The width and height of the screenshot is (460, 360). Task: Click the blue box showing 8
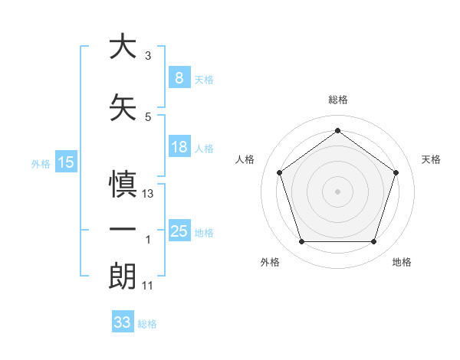point(179,77)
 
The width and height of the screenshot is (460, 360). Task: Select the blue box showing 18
point(179,147)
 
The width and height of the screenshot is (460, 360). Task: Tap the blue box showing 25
point(179,231)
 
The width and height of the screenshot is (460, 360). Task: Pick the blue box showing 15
point(66,162)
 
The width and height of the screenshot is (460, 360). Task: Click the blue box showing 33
point(122,322)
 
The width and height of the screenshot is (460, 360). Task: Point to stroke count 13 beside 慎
point(148,194)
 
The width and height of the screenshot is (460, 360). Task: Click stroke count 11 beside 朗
point(148,286)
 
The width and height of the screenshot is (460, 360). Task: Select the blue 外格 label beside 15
point(40,163)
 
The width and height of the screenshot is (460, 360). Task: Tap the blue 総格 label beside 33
point(147,324)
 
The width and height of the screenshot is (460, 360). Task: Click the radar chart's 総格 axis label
point(337,100)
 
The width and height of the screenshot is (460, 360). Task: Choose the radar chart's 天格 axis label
point(431,159)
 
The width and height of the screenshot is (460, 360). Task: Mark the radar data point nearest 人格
point(279,172)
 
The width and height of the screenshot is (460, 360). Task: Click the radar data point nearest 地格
point(373,242)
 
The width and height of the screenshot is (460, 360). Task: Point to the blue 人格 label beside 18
point(203,149)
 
